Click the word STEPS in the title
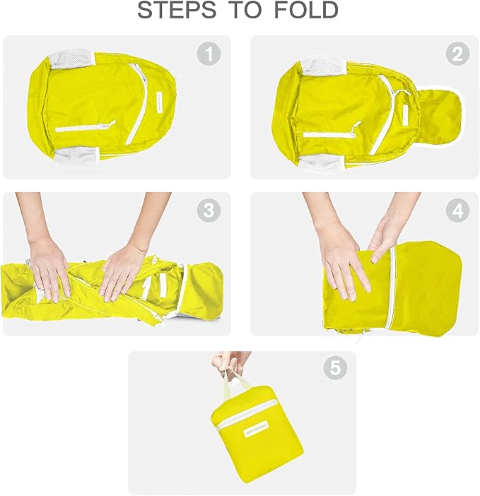pos(171,11)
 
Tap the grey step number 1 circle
pos(208,54)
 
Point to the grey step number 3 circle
pos(208,211)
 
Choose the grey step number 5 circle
pos(335,368)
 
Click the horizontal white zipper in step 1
pos(83,128)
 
